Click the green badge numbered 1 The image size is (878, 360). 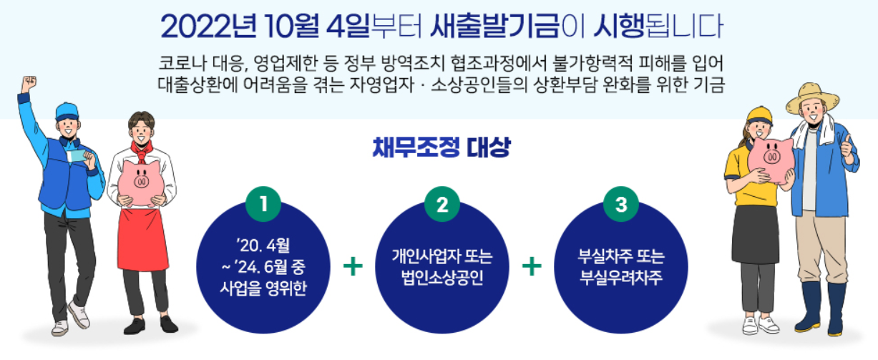point(263,205)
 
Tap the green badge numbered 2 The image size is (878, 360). point(442,205)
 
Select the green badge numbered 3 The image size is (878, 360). point(621,205)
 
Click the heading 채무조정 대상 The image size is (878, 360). point(442,149)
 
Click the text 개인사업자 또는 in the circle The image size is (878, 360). point(442,257)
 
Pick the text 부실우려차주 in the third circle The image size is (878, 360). point(621,277)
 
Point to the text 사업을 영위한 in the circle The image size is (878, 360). point(263,289)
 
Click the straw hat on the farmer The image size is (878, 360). point(812,97)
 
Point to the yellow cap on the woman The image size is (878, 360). point(759,115)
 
